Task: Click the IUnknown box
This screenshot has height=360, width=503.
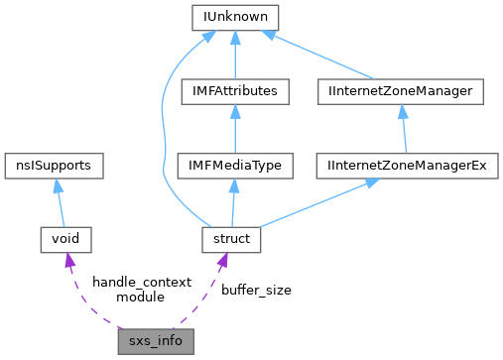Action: tap(235, 17)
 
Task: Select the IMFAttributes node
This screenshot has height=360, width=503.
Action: tap(235, 91)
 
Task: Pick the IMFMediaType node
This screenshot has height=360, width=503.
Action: tap(235, 165)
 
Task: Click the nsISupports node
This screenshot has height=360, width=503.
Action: tap(54, 165)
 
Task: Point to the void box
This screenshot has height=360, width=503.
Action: tap(64, 239)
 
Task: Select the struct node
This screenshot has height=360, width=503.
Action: tap(230, 239)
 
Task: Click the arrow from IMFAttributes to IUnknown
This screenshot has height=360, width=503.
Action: tap(235, 55)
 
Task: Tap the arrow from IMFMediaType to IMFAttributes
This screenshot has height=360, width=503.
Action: tap(235, 128)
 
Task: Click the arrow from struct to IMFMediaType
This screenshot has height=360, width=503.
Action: tap(232, 202)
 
